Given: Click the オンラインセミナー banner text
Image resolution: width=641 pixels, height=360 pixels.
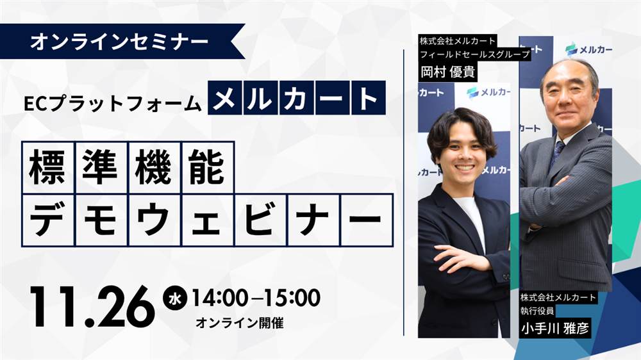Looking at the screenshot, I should pos(119,42).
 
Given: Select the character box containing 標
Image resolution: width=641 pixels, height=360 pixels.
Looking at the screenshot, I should pos(47,167).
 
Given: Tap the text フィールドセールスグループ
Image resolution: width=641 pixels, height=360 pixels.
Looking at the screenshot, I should pos(474,55).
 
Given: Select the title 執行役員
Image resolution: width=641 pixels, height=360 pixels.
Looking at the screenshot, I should pos(537,311).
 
